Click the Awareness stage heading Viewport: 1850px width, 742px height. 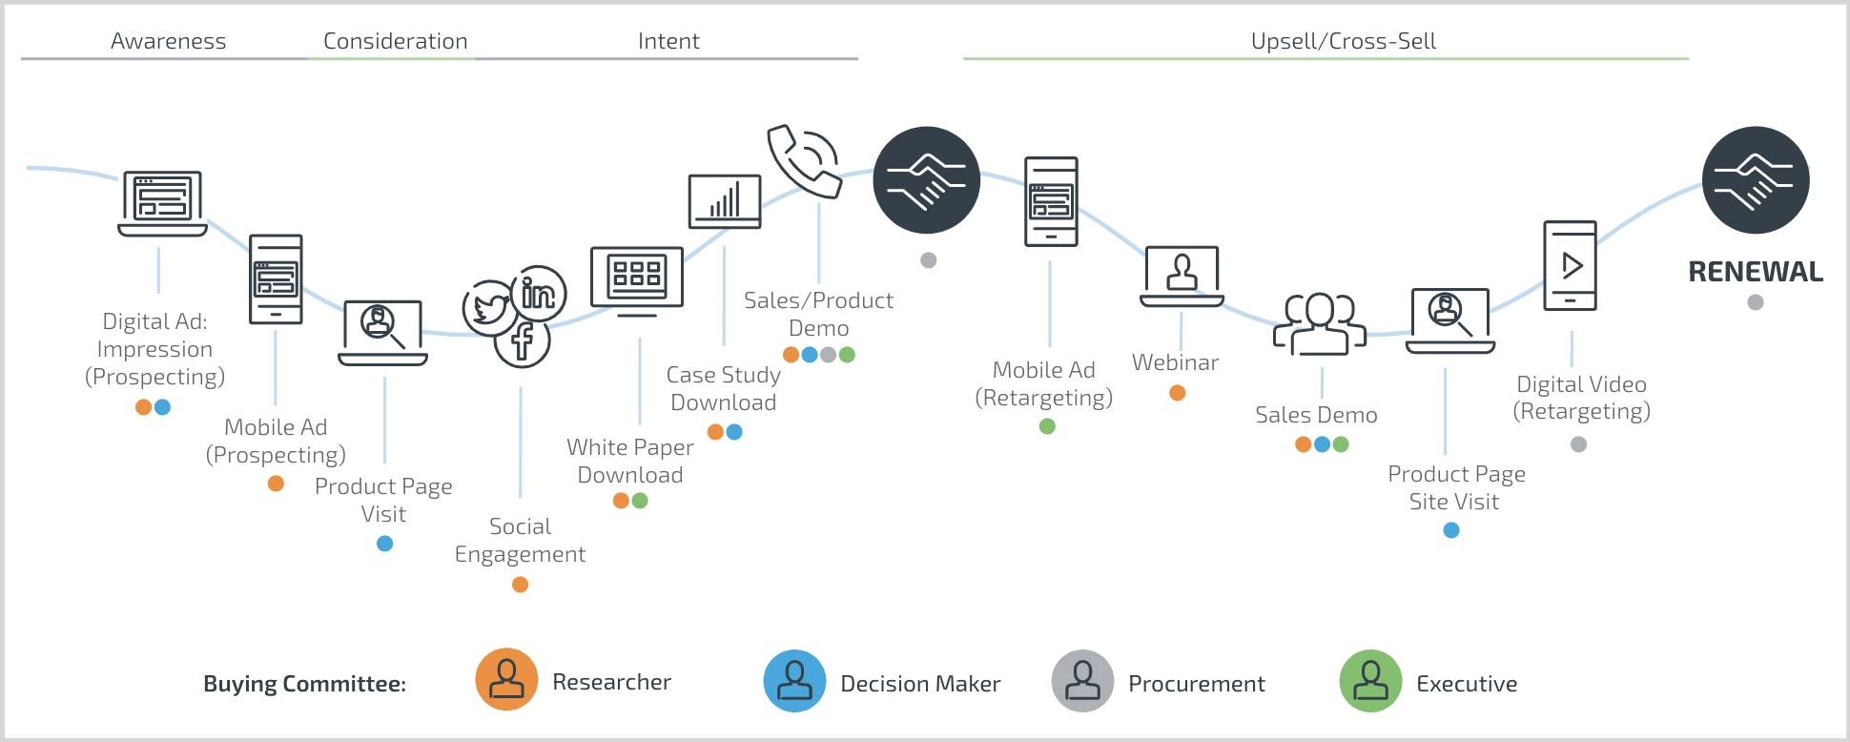point(168,41)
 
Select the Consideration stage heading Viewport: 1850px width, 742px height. point(395,41)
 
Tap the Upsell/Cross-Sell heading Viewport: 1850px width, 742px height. point(1343,41)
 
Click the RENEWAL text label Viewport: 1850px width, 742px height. point(1755,272)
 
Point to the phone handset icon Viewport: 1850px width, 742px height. point(803,160)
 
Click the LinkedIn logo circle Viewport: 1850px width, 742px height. point(539,294)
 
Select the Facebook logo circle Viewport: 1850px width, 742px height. point(522,341)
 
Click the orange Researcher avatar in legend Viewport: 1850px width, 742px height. point(506,681)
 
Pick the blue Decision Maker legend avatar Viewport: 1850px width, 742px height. point(794,681)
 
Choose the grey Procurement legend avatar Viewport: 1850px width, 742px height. point(1082,681)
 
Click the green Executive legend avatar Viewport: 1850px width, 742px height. point(1370,681)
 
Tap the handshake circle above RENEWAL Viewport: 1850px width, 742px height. point(1755,180)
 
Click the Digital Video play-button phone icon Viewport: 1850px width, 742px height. point(1570,266)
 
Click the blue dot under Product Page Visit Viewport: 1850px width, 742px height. point(384,544)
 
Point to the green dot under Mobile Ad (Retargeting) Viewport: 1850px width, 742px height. point(1047,426)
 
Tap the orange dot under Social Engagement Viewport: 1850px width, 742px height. point(520,585)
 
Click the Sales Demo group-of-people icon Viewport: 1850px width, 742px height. point(1320,324)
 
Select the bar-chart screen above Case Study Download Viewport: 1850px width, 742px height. point(725,201)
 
